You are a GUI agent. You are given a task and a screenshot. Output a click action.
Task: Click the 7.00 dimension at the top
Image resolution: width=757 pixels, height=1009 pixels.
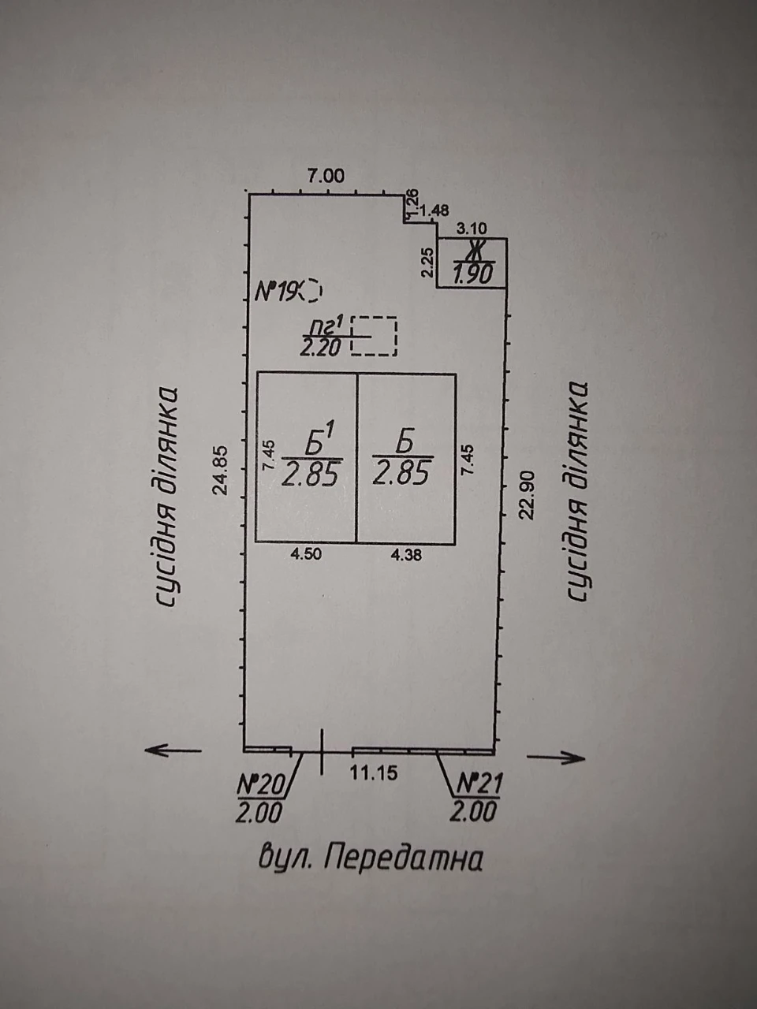click(x=326, y=176)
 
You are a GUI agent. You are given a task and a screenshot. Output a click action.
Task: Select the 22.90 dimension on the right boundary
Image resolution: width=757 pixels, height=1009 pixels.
click(x=527, y=494)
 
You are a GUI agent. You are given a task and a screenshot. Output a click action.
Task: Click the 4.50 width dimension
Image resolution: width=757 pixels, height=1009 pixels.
click(x=306, y=554)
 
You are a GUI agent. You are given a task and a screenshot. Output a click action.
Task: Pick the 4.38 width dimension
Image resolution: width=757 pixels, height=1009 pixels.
click(x=406, y=555)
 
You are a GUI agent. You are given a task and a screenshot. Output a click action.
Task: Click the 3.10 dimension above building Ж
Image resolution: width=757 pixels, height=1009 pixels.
click(x=472, y=228)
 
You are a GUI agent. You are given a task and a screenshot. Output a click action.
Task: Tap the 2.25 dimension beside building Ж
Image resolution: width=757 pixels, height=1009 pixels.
click(x=427, y=262)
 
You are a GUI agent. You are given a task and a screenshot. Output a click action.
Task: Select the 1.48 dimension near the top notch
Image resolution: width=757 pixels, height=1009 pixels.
click(x=434, y=210)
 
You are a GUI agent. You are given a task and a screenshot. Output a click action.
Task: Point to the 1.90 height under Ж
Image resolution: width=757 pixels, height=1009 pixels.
click(x=473, y=274)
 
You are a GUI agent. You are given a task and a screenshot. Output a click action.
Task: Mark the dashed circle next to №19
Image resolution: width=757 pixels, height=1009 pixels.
click(x=315, y=291)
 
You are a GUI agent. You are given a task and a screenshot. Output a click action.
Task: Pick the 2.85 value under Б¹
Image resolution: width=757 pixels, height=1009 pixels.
click(x=312, y=474)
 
